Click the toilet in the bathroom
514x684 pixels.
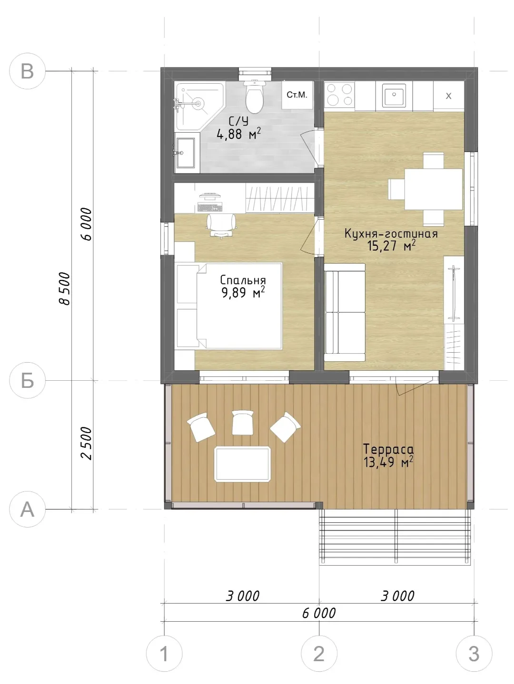coord(255,96)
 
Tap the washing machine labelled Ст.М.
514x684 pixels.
coord(297,95)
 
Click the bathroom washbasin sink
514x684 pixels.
coord(187,153)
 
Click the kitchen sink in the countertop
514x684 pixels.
coord(394,95)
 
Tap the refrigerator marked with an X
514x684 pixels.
coord(448,96)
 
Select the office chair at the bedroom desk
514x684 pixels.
coord(221,226)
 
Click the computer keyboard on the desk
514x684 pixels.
coord(210,207)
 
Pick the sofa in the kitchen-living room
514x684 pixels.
coord(345,312)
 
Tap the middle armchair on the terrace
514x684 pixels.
coord(243,422)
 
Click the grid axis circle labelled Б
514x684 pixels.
coord(28,380)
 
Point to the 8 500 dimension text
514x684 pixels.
coord(65,288)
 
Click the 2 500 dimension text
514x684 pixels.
coord(87,443)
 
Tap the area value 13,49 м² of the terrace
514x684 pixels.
coord(389,462)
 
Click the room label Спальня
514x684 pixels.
coord(243,280)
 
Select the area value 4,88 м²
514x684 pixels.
coord(238,134)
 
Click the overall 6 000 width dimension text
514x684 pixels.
coord(319,613)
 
